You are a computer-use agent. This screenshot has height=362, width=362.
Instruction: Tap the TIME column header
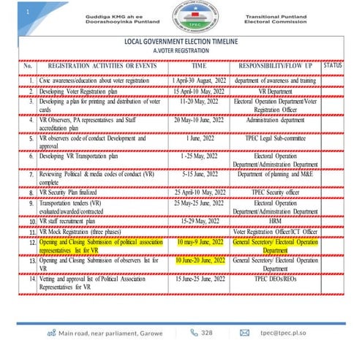click(x=198, y=66)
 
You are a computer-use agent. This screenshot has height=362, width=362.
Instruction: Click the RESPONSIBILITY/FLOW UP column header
click(x=275, y=66)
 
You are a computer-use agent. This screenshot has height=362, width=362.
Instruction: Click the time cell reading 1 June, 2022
click(x=198, y=137)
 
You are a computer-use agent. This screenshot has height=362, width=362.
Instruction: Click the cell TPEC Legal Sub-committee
click(x=275, y=137)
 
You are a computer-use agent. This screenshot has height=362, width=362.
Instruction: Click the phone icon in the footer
click(x=194, y=332)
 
